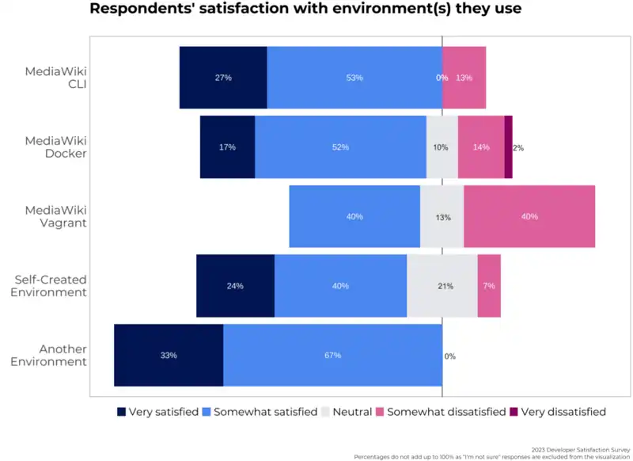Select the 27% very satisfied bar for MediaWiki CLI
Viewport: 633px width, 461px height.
(x=223, y=78)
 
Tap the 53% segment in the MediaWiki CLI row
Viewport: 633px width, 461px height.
(x=354, y=78)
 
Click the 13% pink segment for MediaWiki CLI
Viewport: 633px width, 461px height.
(x=464, y=78)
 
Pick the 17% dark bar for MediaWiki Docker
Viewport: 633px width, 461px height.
(x=227, y=147)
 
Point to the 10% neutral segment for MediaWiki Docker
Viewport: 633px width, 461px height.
(x=442, y=147)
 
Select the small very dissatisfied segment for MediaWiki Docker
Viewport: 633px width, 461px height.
(x=508, y=147)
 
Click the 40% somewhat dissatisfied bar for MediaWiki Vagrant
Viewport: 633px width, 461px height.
(x=529, y=216)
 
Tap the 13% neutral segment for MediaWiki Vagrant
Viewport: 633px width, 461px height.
(x=442, y=216)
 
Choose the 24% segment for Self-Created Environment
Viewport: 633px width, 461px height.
(x=235, y=286)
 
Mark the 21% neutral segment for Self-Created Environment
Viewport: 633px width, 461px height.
(x=442, y=286)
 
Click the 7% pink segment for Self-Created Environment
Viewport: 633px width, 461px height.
(x=489, y=286)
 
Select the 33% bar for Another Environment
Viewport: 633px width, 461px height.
(x=169, y=355)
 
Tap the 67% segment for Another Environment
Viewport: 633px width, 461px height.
(x=332, y=355)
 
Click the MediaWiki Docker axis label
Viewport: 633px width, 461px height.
(x=55, y=147)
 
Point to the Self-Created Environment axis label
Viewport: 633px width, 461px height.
(x=51, y=286)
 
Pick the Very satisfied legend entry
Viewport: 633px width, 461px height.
(x=157, y=412)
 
